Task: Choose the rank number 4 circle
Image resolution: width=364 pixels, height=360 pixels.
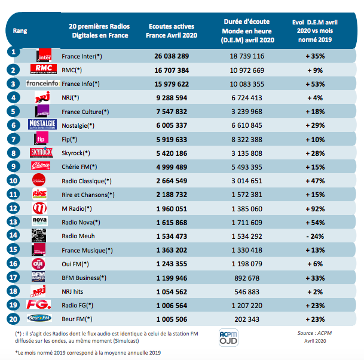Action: pyautogui.click(x=12, y=97)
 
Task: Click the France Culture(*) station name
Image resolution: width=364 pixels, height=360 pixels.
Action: pyautogui.click(x=85, y=111)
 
